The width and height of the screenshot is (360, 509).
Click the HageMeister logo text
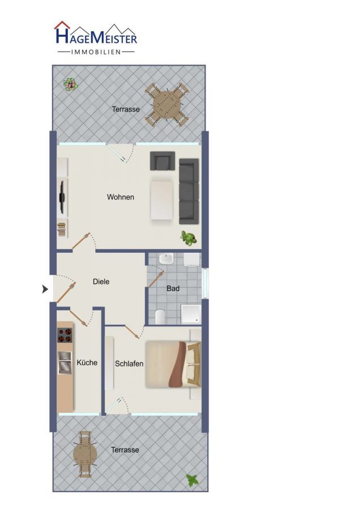(96, 36)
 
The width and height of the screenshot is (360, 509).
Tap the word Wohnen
(121, 197)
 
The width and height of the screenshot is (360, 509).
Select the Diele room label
(101, 282)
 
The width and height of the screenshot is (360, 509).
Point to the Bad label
(173, 288)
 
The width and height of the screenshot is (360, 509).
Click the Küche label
(87, 363)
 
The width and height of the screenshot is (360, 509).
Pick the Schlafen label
(129, 364)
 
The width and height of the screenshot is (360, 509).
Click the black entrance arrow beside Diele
(45, 288)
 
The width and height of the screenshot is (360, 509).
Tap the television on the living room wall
(61, 197)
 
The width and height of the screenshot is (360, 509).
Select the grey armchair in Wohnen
(162, 161)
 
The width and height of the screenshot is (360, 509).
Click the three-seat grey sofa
(188, 191)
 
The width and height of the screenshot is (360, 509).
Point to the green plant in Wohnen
(188, 238)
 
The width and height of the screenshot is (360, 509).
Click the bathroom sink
(166, 260)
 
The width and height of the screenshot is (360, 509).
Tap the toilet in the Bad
(160, 317)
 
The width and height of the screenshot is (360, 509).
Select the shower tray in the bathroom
(191, 314)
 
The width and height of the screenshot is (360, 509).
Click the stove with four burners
(65, 335)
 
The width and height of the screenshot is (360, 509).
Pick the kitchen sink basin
(65, 363)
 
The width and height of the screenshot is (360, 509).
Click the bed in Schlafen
(173, 364)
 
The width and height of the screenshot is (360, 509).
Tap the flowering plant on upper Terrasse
(71, 84)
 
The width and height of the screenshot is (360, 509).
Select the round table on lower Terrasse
(85, 454)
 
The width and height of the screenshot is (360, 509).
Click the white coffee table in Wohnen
(161, 200)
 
